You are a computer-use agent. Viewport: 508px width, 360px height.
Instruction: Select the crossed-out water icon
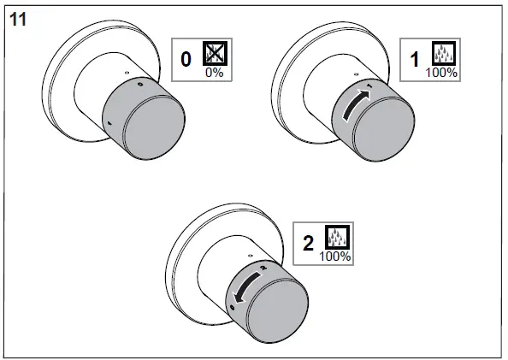tap(212, 54)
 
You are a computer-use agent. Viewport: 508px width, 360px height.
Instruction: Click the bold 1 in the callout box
tap(416, 60)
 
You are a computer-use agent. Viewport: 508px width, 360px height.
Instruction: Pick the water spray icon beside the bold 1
tap(443, 55)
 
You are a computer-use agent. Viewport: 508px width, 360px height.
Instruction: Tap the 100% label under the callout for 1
tap(441, 74)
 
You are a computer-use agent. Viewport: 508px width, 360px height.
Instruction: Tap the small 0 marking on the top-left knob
tap(139, 86)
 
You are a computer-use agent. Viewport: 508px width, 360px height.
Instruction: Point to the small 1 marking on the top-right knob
tap(369, 87)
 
